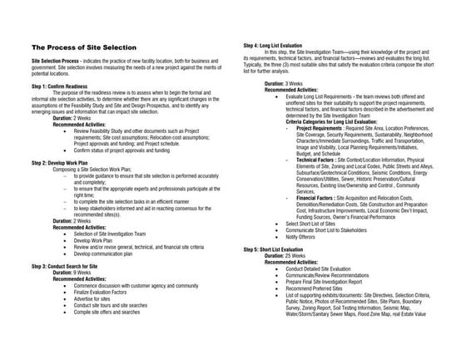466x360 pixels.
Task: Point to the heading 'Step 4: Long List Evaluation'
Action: point(285,42)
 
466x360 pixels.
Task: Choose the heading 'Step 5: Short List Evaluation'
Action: point(285,249)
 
